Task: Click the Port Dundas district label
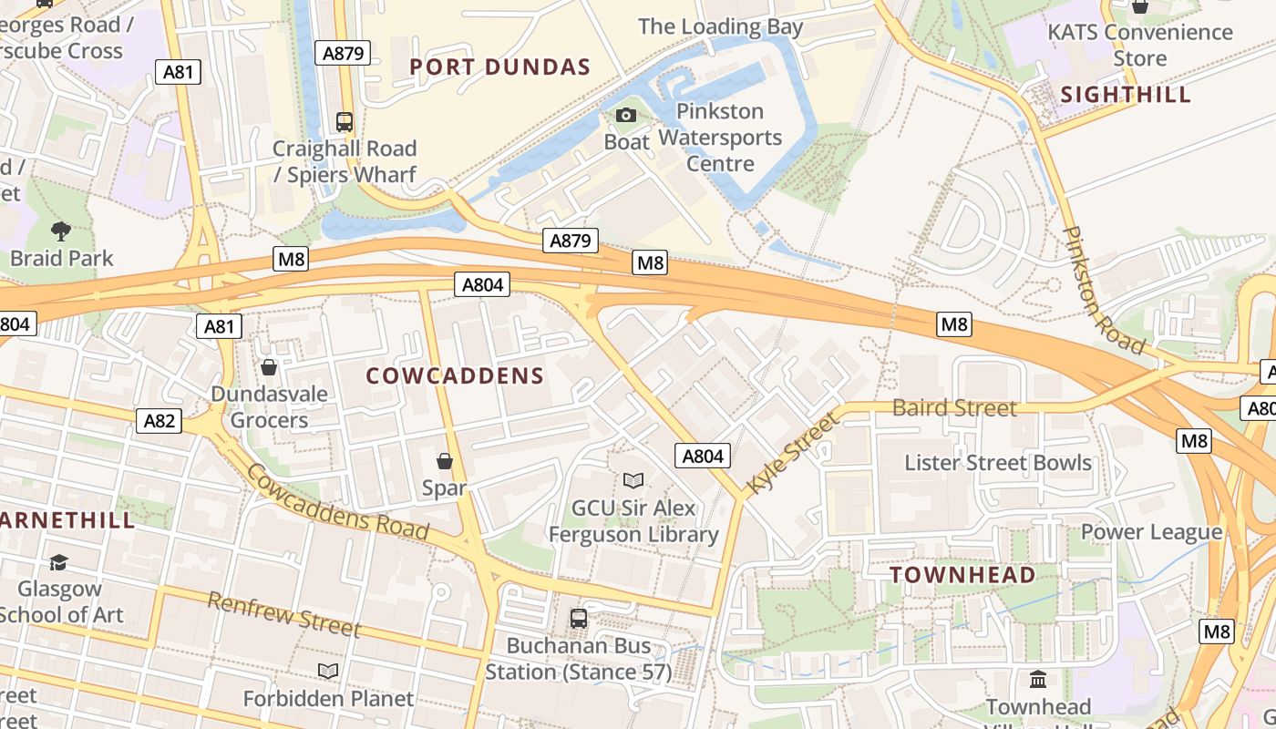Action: click(x=500, y=67)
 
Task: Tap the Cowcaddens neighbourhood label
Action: click(x=455, y=375)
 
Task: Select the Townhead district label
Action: click(x=962, y=575)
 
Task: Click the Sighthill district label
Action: click(x=1126, y=95)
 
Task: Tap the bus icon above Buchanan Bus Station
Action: click(x=578, y=619)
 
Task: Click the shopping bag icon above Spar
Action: click(x=445, y=462)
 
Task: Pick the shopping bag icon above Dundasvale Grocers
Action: click(x=269, y=367)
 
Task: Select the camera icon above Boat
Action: click(x=626, y=116)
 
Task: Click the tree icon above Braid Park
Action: click(x=61, y=231)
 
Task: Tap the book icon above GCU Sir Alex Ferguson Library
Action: click(x=633, y=480)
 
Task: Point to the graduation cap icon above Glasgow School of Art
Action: click(x=59, y=562)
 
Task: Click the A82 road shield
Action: click(x=159, y=420)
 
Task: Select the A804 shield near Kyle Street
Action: click(x=702, y=456)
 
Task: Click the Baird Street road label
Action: click(x=954, y=408)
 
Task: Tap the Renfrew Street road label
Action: click(x=284, y=615)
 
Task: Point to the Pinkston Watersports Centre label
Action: click(x=720, y=138)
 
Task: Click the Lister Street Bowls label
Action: click(x=997, y=463)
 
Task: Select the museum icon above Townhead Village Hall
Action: click(x=1038, y=680)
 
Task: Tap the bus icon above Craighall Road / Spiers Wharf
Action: click(x=345, y=121)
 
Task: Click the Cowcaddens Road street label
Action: click(x=336, y=502)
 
